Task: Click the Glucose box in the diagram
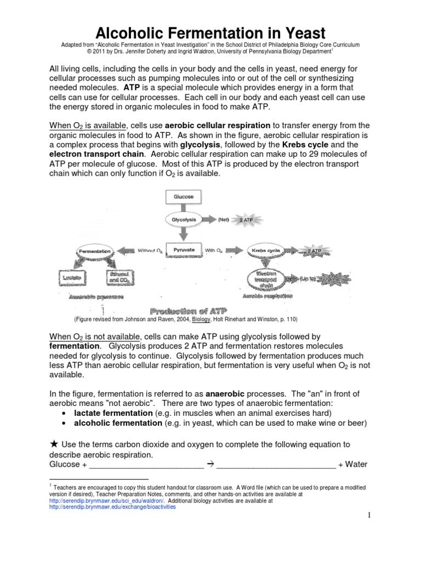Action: click(x=184, y=196)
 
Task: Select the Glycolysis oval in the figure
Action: click(x=184, y=220)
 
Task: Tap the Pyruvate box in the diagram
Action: click(x=184, y=250)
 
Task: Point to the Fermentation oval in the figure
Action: click(x=95, y=251)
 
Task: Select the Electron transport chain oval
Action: click(x=269, y=278)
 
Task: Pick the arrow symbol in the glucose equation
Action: click(x=209, y=465)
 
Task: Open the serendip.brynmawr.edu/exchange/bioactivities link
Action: click(x=112, y=507)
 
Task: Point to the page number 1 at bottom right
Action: click(x=369, y=516)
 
